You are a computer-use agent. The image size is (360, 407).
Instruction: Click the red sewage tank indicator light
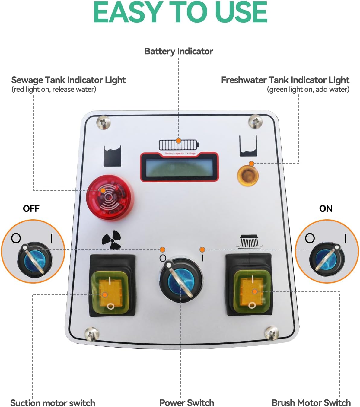point(109,198)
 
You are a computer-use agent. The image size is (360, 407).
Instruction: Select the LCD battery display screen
point(179,168)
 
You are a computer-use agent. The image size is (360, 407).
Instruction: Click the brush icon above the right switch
point(249,241)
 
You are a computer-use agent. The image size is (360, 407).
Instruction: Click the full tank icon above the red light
point(112,156)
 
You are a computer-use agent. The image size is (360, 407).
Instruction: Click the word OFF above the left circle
point(31,208)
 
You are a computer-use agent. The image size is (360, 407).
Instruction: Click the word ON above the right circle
point(326,208)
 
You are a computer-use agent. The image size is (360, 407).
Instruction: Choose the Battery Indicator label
point(179,51)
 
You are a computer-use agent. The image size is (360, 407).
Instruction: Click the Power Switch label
point(186,402)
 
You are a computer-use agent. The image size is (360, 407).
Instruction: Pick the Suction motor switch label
point(53,403)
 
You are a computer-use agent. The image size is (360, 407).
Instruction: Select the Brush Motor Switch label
point(311,402)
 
